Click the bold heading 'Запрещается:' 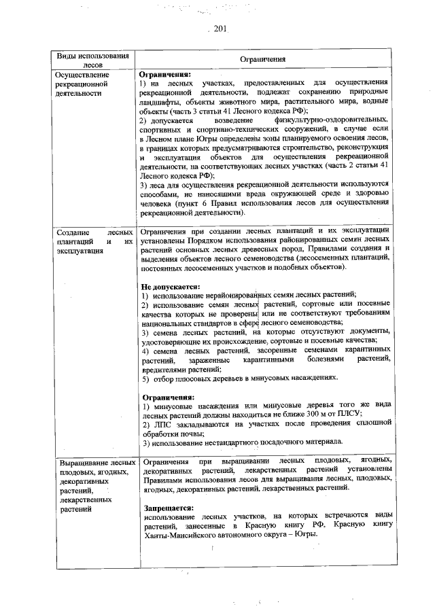click(x=169, y=508)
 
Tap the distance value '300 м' click(x=314, y=413)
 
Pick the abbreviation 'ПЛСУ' click(x=348, y=413)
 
